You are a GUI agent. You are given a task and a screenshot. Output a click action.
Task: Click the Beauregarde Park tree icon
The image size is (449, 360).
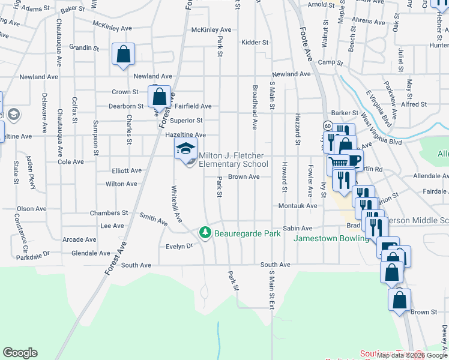point(205,232)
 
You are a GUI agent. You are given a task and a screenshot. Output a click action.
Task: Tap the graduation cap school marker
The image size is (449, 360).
point(185,148)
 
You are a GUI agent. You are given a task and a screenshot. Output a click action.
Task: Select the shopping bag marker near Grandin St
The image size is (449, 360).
point(123,55)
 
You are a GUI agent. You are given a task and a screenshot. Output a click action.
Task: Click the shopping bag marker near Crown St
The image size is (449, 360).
point(160,97)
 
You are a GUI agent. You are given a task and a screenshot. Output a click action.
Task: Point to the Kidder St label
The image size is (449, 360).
point(255,43)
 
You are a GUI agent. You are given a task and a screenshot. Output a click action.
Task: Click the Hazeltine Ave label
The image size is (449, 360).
point(185,136)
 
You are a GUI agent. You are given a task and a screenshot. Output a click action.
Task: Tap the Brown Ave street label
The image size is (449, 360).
point(244,177)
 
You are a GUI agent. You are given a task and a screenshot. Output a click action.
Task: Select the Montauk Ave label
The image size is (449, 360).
point(298,206)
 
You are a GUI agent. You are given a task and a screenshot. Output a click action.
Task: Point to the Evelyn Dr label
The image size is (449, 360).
point(180,246)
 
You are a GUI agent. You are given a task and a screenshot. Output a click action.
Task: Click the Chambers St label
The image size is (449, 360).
point(109,213)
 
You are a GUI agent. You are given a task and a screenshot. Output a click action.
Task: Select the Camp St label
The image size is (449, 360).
point(330,62)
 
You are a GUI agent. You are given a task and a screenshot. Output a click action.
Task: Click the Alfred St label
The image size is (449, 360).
point(414,104)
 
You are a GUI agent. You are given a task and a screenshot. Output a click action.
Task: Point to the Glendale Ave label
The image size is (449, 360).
point(91,254)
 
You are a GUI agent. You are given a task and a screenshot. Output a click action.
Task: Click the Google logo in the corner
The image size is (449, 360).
point(20,353)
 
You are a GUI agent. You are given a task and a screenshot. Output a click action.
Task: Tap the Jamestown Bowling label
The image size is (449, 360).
point(331,239)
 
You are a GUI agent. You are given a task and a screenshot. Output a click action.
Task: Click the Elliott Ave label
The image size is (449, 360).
point(127,170)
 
